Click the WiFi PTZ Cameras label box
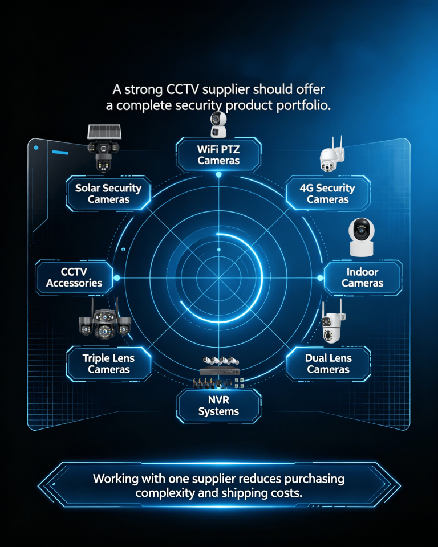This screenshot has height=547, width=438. [218, 154]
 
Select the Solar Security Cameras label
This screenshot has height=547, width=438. [108, 193]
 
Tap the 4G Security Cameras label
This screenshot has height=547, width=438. [327, 193]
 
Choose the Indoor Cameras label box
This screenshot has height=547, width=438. [363, 277]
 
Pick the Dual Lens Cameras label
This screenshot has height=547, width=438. [328, 364]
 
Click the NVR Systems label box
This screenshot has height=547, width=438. [218, 406]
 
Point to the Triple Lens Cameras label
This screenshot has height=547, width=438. [108, 364]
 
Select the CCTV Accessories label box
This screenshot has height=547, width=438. [74, 277]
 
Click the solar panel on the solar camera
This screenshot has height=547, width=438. [104, 132]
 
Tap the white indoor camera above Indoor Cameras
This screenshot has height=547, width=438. [362, 237]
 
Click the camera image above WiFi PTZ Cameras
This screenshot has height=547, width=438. [218, 125]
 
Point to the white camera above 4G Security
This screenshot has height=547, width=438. [332, 155]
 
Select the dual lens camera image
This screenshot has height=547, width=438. [331, 323]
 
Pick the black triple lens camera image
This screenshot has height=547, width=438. [104, 319]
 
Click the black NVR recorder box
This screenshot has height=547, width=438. [220, 370]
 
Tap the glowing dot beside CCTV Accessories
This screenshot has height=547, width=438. [117, 277]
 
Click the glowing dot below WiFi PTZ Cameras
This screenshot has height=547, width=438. [218, 174]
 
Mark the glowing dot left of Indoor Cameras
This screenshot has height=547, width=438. [320, 277]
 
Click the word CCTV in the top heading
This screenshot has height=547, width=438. [182, 89]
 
